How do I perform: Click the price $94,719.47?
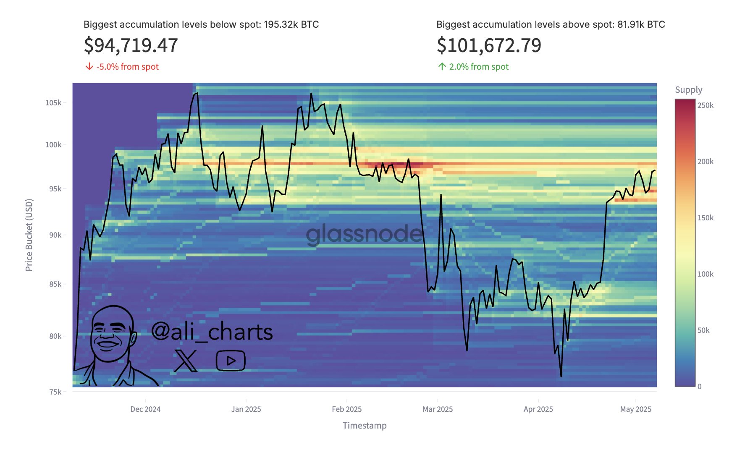click(x=131, y=45)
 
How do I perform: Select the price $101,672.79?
click(x=489, y=45)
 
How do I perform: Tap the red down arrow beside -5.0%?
click(x=89, y=67)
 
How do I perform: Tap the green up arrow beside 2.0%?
click(x=442, y=67)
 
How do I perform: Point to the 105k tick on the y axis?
click(x=53, y=103)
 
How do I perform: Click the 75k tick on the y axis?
click(x=55, y=392)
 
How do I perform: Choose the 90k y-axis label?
click(x=55, y=235)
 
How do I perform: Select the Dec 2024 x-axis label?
click(x=145, y=409)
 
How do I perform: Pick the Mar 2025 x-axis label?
click(x=438, y=409)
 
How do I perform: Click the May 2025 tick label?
click(x=635, y=409)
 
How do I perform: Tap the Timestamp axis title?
click(x=365, y=426)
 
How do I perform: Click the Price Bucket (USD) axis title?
click(x=29, y=235)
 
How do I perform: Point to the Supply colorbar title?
click(x=688, y=90)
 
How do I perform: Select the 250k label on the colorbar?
click(x=705, y=105)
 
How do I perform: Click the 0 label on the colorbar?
click(x=699, y=387)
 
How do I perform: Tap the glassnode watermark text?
click(x=364, y=234)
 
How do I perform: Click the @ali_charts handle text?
click(x=212, y=332)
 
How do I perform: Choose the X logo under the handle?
click(x=185, y=360)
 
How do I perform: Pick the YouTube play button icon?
click(x=231, y=361)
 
